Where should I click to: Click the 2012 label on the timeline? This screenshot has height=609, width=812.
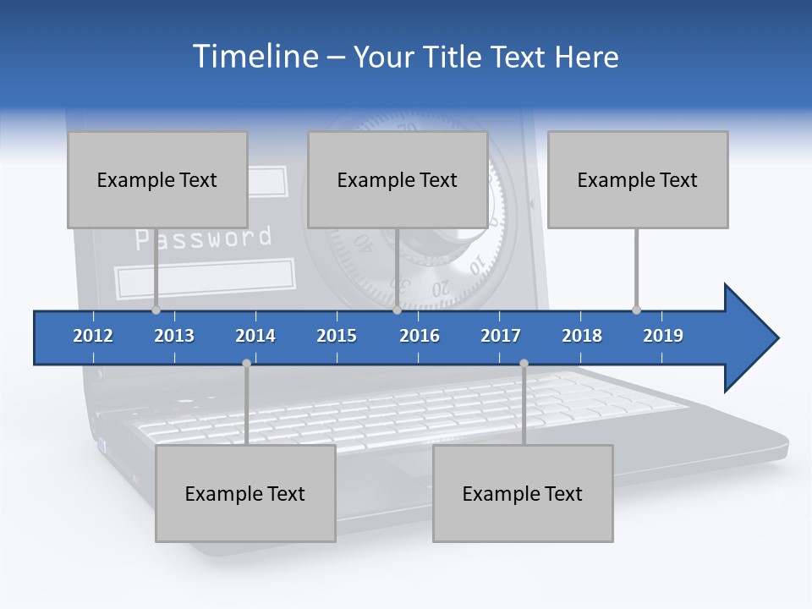[x=93, y=336]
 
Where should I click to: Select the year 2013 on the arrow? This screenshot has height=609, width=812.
[x=174, y=336]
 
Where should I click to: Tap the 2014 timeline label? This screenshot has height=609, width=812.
[x=255, y=336]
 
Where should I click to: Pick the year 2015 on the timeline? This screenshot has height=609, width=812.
[x=337, y=336]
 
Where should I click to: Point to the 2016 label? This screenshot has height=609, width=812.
[x=420, y=336]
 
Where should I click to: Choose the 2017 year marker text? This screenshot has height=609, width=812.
[x=501, y=336]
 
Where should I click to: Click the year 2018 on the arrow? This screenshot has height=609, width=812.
[x=582, y=336]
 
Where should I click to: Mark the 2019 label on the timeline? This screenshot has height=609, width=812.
[x=663, y=336]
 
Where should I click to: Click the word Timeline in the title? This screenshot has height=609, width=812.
[x=255, y=57]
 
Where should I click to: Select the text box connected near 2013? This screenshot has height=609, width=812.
[x=157, y=179]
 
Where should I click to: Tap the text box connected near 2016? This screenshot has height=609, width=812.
[x=398, y=179]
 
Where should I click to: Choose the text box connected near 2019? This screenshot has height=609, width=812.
[x=638, y=179]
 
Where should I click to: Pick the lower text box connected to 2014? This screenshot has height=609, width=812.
[x=245, y=493]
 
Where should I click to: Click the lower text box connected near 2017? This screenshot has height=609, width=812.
[x=523, y=493]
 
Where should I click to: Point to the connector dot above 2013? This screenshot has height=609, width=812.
[x=156, y=310]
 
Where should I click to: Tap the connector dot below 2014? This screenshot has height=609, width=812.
[x=246, y=364]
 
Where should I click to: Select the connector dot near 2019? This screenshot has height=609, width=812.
[x=636, y=310]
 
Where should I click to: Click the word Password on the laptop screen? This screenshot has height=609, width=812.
[x=204, y=239]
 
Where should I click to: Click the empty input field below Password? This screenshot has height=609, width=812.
[x=205, y=279]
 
